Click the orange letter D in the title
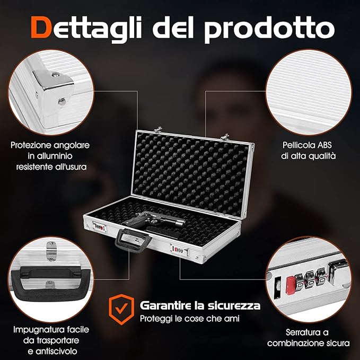click(x=40, y=27)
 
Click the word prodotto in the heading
click(x=269, y=29)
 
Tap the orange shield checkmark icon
click(x=121, y=309)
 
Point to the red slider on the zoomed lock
click(x=290, y=285)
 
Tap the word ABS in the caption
click(x=324, y=145)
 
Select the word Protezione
click(x=31, y=145)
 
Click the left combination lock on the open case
click(x=100, y=226)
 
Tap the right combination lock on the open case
click(x=180, y=250)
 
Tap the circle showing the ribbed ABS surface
click(x=309, y=92)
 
